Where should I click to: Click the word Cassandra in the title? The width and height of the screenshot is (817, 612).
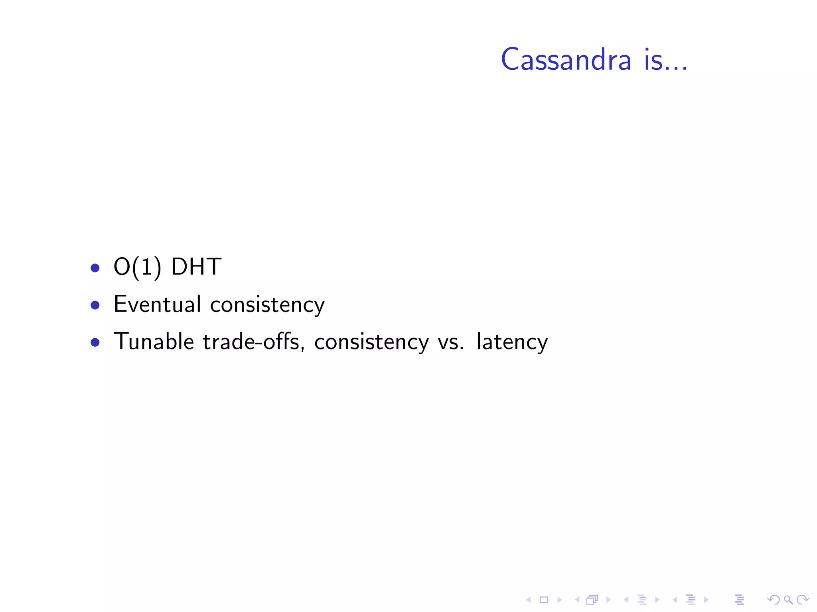(566, 60)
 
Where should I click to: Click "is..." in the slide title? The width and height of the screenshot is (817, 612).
(665, 60)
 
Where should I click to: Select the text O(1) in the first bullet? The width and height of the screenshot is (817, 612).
(137, 267)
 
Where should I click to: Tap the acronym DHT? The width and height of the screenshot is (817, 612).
(196, 267)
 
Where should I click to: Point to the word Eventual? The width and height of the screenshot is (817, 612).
(157, 304)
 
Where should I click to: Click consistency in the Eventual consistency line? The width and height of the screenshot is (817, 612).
(267, 305)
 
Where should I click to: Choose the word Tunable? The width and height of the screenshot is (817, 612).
(154, 342)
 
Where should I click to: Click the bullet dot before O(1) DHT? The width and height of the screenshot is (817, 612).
(95, 268)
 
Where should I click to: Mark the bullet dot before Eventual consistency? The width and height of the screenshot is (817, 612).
(95, 305)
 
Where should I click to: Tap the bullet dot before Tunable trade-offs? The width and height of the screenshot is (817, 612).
(95, 343)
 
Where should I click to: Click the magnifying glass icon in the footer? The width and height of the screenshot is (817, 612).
(788, 600)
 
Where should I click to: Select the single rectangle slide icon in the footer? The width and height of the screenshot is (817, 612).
(544, 600)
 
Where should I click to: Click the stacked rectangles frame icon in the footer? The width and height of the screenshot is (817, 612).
(592, 600)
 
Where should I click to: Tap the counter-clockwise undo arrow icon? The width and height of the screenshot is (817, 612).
(773, 600)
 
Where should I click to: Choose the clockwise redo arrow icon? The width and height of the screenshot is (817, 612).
(803, 600)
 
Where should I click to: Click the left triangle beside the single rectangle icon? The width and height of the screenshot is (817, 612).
(529, 600)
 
